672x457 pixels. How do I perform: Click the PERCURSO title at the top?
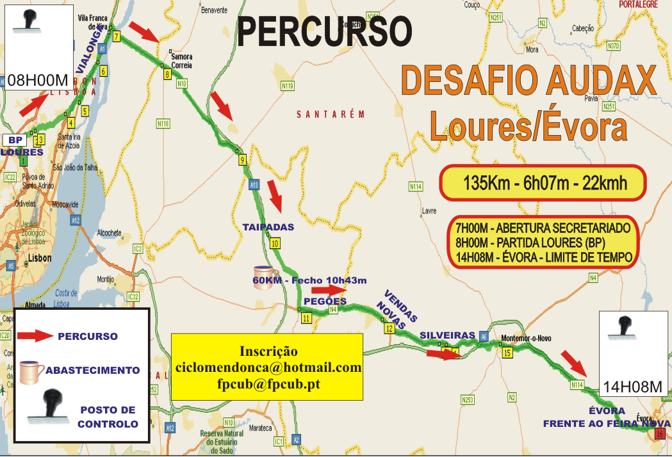pyautogui.click(x=324, y=32)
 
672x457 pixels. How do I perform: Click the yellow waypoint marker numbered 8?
pyautogui.click(x=167, y=74)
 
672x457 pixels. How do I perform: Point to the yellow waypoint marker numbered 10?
pyautogui.click(x=275, y=243)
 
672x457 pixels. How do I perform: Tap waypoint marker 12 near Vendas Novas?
pyautogui.click(x=389, y=328)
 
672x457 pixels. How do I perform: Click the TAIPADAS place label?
pyautogui.click(x=268, y=227)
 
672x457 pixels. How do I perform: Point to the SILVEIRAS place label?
pyautogui.click(x=448, y=335)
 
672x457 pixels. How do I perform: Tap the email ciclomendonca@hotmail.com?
pyautogui.click(x=268, y=368)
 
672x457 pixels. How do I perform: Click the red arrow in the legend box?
pyautogui.click(x=34, y=335)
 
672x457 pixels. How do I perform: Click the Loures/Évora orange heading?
pyautogui.click(x=528, y=125)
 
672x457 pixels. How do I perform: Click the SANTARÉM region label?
pyautogui.click(x=330, y=115)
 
